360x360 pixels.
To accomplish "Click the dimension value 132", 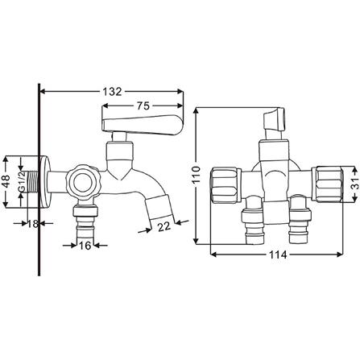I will click(x=111, y=92).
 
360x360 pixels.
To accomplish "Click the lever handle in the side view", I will click(x=141, y=122).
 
